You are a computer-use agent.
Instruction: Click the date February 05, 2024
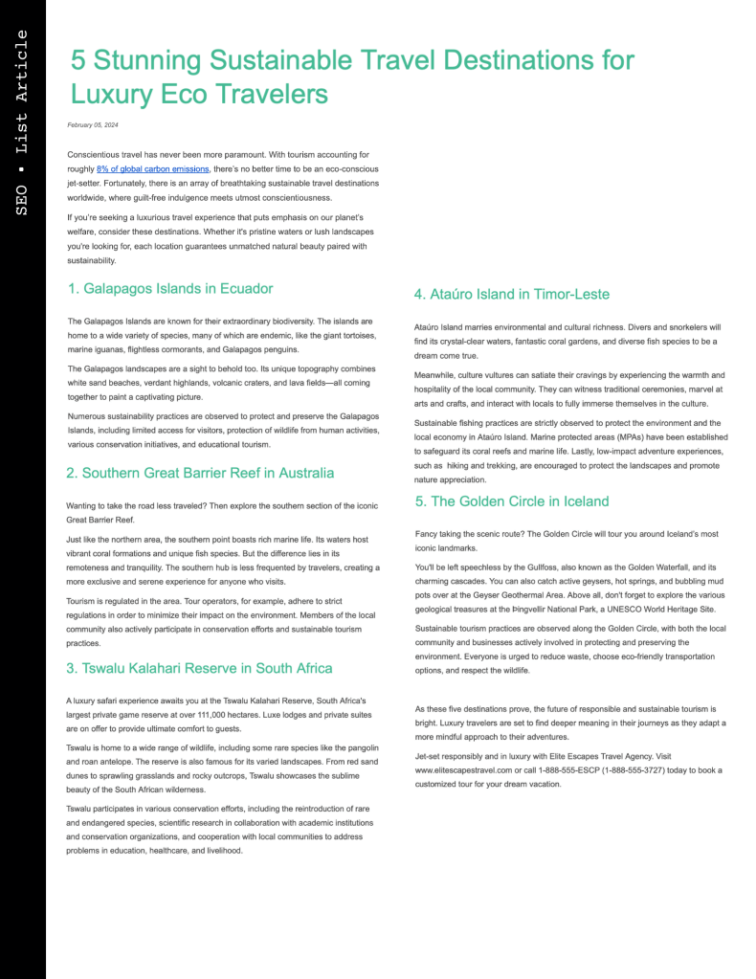(x=93, y=125)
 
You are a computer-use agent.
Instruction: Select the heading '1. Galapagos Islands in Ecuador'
(x=170, y=288)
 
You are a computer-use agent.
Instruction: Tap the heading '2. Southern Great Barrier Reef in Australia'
(x=200, y=473)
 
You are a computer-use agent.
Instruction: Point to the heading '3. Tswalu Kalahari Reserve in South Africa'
(x=199, y=668)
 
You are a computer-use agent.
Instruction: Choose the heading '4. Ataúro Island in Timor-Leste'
(x=511, y=294)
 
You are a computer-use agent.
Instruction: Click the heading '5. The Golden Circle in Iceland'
(x=511, y=501)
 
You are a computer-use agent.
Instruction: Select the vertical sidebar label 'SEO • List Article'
(x=22, y=122)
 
